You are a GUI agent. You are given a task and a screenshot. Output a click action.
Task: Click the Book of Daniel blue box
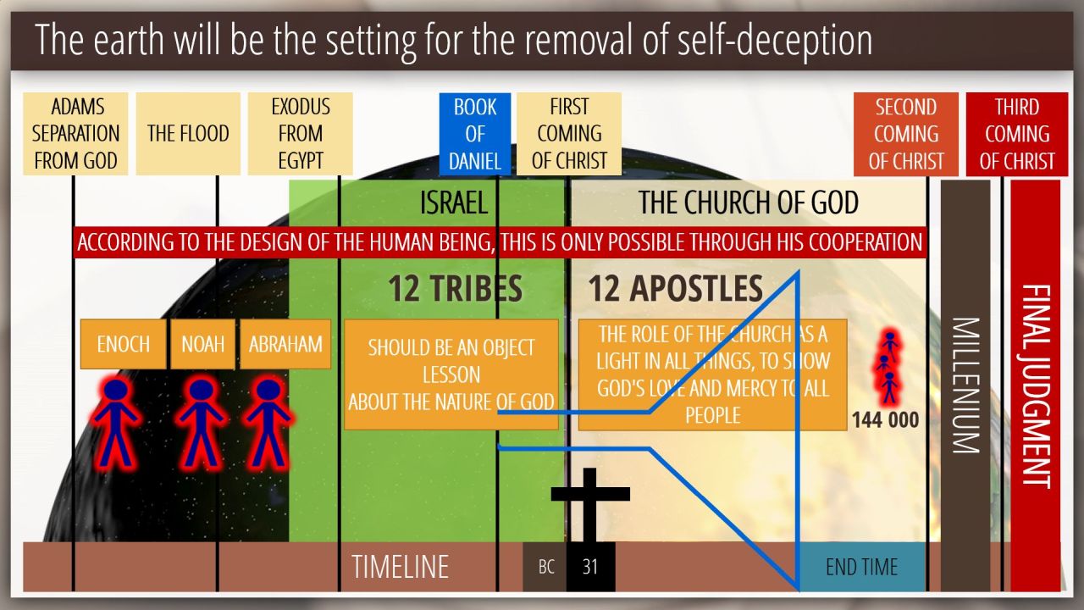click(x=474, y=134)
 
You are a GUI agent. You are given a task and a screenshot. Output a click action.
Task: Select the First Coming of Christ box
click(x=569, y=134)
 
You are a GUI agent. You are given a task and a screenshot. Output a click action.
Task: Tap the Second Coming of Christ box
click(x=906, y=134)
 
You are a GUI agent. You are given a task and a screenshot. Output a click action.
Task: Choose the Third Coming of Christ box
click(x=1017, y=134)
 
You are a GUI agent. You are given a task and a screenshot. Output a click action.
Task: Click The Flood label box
click(x=188, y=134)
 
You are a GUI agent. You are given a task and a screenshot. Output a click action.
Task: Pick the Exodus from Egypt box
click(x=300, y=134)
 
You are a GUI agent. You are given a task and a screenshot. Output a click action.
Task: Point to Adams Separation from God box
click(x=75, y=134)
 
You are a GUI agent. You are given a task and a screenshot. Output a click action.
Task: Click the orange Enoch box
click(x=124, y=344)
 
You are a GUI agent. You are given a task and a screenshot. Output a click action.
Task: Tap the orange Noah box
click(x=202, y=344)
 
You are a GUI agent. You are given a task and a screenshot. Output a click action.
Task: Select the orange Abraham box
click(x=285, y=344)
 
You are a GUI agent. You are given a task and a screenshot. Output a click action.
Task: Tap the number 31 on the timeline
click(x=590, y=567)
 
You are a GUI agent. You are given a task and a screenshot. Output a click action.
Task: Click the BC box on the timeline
click(x=546, y=567)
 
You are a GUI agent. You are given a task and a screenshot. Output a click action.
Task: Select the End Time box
click(x=861, y=567)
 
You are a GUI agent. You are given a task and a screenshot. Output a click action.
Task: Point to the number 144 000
click(x=885, y=419)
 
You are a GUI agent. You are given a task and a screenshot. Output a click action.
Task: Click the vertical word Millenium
click(x=965, y=385)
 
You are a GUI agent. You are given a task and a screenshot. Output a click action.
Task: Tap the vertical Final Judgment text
click(x=1035, y=385)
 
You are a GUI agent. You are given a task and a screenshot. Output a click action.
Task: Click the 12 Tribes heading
click(x=455, y=289)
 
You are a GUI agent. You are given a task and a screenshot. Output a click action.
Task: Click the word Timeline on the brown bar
click(x=400, y=567)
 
